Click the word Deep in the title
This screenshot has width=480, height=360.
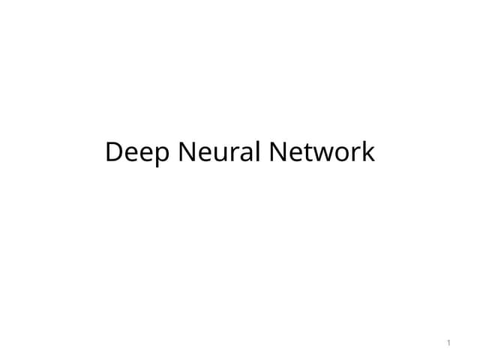[x=137, y=152]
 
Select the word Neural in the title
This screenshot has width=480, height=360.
[x=219, y=151]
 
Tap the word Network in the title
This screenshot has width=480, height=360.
[x=322, y=151]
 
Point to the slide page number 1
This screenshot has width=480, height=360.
[x=448, y=343]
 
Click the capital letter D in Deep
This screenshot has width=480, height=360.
[x=113, y=151]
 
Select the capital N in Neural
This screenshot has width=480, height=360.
[x=187, y=151]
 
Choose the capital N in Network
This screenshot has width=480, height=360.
[x=278, y=151]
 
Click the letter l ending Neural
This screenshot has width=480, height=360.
[x=258, y=151]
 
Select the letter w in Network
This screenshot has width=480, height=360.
[x=325, y=154]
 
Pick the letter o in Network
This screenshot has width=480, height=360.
[x=343, y=154]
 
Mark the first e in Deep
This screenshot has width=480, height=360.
[x=132, y=154]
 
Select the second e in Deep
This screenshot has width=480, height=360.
[x=147, y=154]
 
